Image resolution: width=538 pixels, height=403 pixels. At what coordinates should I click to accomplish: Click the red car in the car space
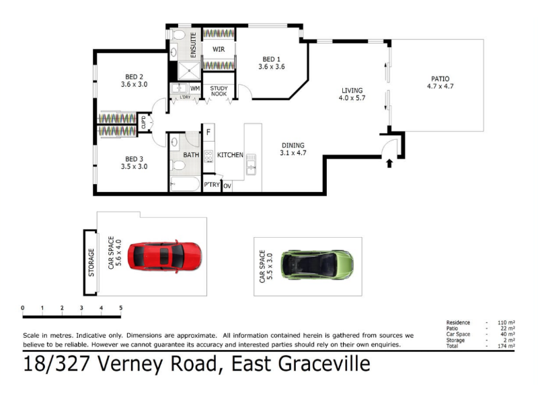point(165,257)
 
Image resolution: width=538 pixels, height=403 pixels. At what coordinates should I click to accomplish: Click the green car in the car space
point(317,265)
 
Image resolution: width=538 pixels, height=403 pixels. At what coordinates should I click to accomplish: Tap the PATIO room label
point(440,79)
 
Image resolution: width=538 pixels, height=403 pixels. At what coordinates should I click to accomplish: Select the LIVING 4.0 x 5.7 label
point(352,94)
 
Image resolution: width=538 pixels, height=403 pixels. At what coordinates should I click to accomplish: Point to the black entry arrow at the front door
point(389,163)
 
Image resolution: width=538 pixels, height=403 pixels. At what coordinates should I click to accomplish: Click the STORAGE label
point(91,263)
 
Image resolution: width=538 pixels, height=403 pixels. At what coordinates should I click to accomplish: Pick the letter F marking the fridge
point(208,132)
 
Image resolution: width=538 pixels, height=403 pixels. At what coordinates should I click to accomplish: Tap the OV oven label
point(227,186)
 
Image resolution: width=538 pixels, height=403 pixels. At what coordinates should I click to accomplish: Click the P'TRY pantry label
point(212,185)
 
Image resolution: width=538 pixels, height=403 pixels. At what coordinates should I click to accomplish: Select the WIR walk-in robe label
point(219,49)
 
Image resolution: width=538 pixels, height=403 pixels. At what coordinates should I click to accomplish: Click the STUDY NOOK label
point(219,91)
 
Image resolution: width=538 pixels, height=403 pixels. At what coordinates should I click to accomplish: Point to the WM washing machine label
point(195,89)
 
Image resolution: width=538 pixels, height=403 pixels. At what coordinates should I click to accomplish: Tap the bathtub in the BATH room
point(184,184)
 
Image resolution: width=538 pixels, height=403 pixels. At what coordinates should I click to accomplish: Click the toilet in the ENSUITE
point(178,36)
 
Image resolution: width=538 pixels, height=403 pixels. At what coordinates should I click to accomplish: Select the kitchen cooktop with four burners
point(208,156)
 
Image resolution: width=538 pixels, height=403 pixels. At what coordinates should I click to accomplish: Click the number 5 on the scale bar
point(121,308)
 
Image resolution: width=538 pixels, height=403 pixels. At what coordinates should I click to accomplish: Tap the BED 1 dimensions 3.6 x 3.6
point(272,66)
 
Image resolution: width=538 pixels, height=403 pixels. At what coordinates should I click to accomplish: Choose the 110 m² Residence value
point(506,322)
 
